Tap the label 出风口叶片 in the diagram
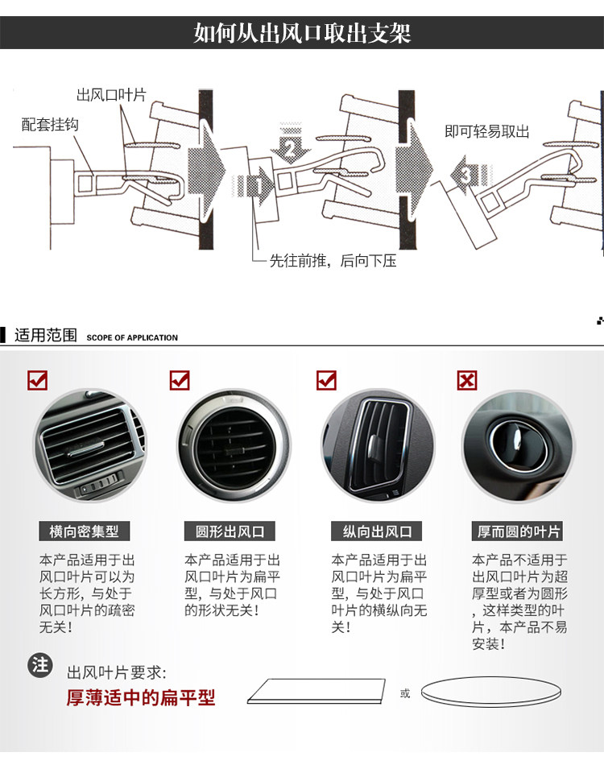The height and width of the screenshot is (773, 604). click(x=111, y=95)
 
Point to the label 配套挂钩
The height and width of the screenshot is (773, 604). click(x=50, y=125)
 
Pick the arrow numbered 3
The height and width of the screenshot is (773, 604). click(x=467, y=176)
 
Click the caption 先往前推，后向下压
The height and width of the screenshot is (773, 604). click(x=333, y=261)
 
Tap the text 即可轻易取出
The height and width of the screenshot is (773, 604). click(x=487, y=131)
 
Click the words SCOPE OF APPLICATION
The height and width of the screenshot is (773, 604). click(x=132, y=337)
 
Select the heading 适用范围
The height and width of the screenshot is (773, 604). click(x=46, y=335)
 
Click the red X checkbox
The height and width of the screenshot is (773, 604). click(x=467, y=379)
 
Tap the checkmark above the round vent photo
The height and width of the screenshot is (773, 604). click(x=179, y=379)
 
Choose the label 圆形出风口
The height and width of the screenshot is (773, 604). click(x=230, y=531)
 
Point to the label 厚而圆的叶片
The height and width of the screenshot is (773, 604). click(x=519, y=531)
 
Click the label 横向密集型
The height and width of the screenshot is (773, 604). click(x=84, y=531)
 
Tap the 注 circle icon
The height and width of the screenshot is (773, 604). click(x=39, y=664)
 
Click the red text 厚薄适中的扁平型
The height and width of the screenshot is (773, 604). click(x=141, y=697)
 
